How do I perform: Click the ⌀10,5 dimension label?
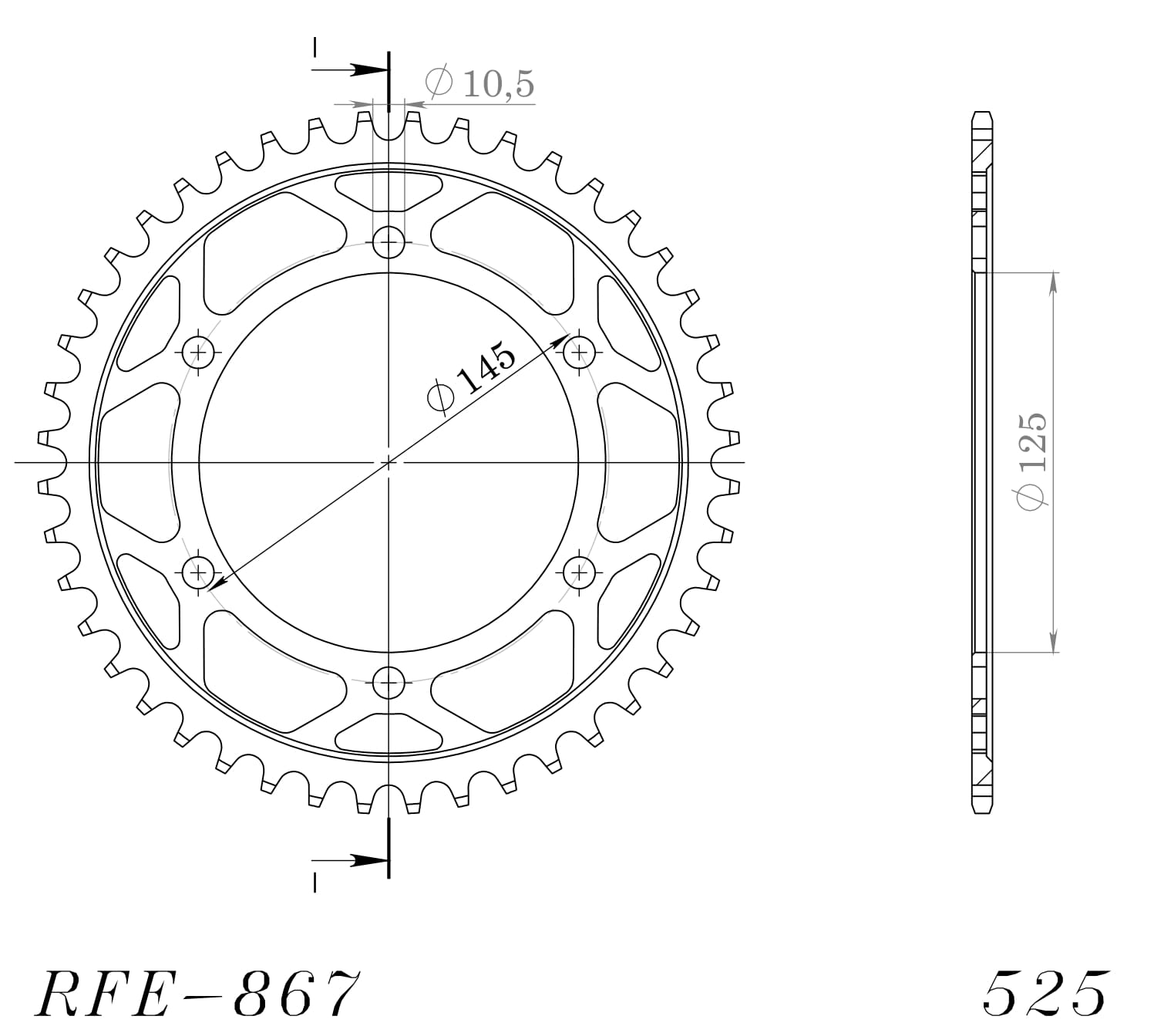(479, 83)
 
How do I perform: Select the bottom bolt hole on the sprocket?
(389, 682)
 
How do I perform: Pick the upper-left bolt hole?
(199, 353)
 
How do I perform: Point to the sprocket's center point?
(389, 463)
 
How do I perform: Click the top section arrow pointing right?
(362, 69)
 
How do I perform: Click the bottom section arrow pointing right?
(362, 859)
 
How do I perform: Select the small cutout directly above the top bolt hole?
(389, 191)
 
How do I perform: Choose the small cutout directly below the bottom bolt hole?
(389, 734)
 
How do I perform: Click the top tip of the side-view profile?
(981, 114)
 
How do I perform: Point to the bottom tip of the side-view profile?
(981, 812)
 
